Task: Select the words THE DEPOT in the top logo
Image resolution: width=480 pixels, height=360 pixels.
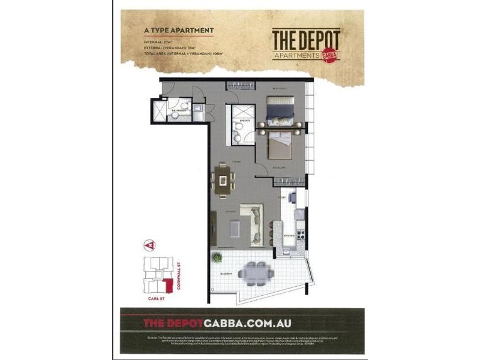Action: coord(306,40)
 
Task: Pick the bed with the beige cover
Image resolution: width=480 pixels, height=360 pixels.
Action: coord(279,143)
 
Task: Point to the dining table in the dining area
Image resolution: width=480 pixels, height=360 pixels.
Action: coord(223,180)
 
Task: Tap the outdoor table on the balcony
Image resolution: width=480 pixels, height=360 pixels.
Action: coord(256,273)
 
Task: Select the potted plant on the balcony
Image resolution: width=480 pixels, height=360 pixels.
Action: coord(217,258)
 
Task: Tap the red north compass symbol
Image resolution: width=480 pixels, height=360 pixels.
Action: coord(147,245)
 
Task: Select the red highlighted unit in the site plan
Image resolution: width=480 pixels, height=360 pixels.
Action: coord(169,284)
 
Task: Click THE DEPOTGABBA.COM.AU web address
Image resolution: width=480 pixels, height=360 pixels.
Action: coord(217,323)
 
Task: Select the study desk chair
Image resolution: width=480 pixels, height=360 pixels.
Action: coord(290,196)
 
